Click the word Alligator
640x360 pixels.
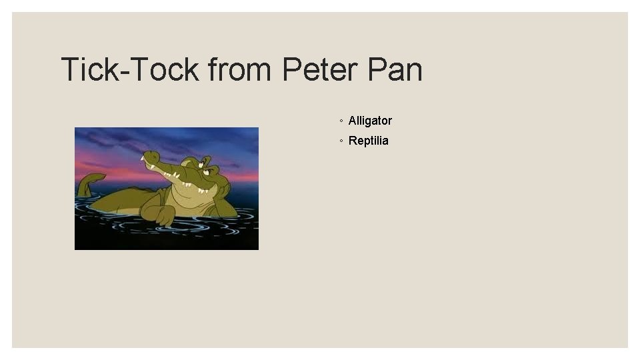click(370, 121)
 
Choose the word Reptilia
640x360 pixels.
click(368, 141)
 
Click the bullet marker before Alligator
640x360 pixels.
click(341, 121)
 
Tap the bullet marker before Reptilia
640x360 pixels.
click(341, 141)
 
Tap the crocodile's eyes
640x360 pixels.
click(207, 169)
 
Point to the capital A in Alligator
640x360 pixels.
click(353, 121)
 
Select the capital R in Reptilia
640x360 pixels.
click(353, 141)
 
